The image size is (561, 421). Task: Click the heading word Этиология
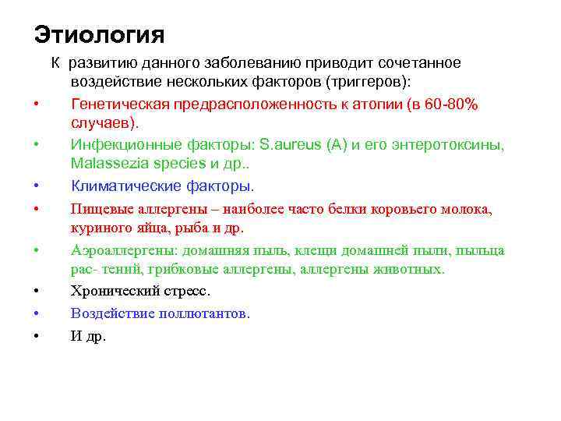[100, 35]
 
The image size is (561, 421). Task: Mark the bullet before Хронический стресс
[37, 292]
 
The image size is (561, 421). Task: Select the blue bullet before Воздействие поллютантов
[37, 314]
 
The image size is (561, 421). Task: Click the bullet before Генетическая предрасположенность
[37, 104]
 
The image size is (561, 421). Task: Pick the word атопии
[377, 104]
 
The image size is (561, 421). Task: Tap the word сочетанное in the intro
[423, 62]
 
